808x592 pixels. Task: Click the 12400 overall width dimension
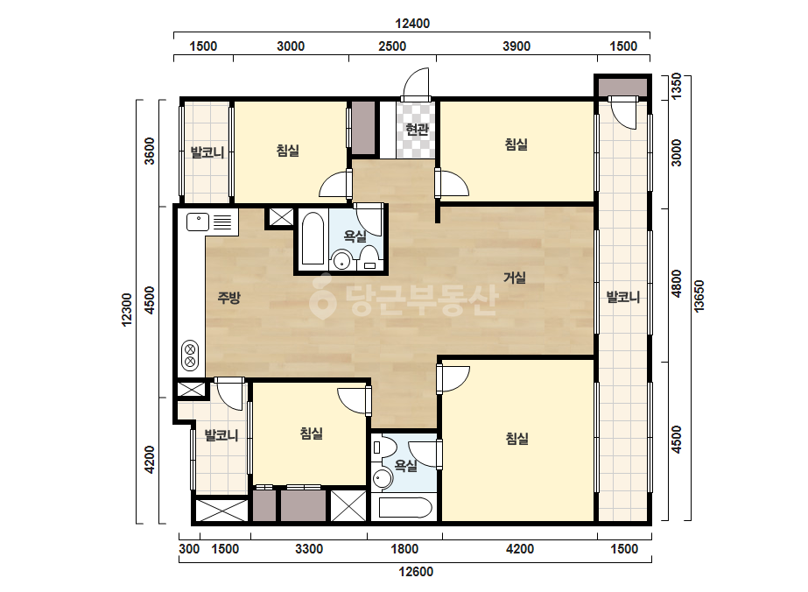coord(412,23)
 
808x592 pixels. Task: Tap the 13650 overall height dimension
coord(699,296)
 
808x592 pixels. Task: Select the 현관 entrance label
coord(417,129)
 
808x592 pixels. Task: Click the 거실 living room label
coord(514,278)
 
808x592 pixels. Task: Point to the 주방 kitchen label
coord(228,297)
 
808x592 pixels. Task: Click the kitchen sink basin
coord(198,222)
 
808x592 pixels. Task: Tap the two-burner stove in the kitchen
coord(190,355)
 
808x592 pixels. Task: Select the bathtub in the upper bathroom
coord(313,239)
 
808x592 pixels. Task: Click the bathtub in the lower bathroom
coord(405,507)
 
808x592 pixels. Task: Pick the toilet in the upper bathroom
coord(369,257)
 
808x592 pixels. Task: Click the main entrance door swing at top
coord(416,85)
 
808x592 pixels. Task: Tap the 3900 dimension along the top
coord(516,46)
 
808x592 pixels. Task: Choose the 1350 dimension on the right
coord(676,86)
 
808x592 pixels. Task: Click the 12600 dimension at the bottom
coord(416,571)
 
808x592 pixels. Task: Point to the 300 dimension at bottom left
coord(189,549)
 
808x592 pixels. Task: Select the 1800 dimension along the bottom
coord(404,549)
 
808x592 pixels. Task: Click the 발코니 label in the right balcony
coord(623,297)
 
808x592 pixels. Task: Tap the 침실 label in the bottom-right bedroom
coord(516,439)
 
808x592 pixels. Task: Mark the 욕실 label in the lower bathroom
coord(405,466)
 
